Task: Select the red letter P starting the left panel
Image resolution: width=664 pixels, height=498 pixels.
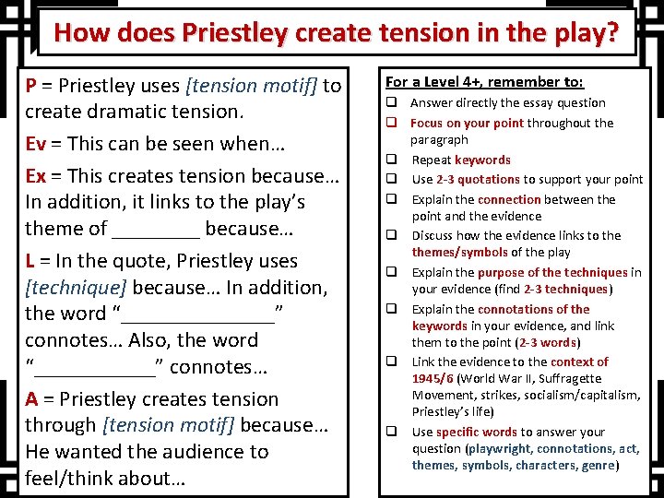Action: coord(31,87)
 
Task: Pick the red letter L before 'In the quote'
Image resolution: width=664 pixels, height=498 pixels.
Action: coord(30,261)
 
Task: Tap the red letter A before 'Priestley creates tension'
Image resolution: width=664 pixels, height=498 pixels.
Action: coord(31,399)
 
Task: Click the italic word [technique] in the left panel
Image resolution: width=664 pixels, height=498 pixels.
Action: coord(68,288)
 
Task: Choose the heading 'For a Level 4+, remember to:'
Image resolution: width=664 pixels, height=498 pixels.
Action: coord(471,81)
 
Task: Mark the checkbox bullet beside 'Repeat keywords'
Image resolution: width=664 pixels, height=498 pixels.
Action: coord(391,160)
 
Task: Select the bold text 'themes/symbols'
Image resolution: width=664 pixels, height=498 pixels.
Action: coord(458,253)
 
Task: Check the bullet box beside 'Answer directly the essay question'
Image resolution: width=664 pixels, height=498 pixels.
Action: coord(391,103)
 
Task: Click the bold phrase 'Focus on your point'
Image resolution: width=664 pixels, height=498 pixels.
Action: coord(467,123)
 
